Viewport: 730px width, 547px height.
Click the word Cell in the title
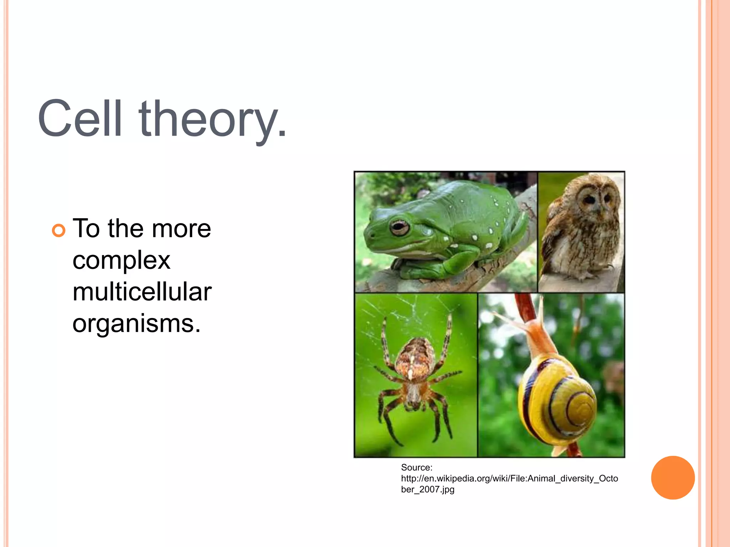pyautogui.click(x=80, y=118)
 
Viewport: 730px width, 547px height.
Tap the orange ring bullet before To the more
pyautogui.click(x=59, y=230)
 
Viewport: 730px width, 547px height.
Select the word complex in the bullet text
pyautogui.click(x=121, y=260)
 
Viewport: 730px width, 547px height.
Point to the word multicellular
pyautogui.click(x=142, y=292)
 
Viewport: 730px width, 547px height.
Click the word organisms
pyautogui.click(x=137, y=323)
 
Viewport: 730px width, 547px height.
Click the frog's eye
pyautogui.click(x=399, y=227)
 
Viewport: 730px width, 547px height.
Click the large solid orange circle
pyautogui.click(x=673, y=478)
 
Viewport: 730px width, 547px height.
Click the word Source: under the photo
pyautogui.click(x=416, y=467)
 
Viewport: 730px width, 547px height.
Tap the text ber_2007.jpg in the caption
pyautogui.click(x=427, y=489)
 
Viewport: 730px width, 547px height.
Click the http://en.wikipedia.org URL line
pyautogui.click(x=509, y=478)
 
